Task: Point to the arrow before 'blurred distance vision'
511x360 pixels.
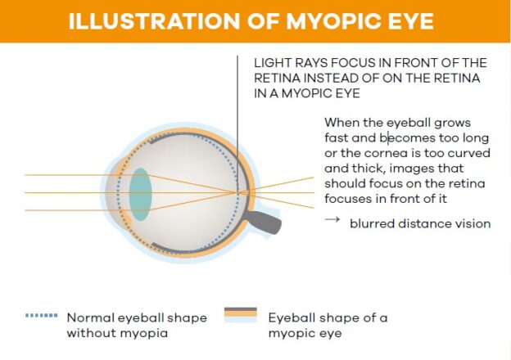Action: pos(332,221)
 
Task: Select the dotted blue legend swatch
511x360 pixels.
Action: pos(42,315)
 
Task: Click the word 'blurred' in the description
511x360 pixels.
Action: pos(372,223)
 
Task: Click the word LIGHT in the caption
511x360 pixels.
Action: pos(270,63)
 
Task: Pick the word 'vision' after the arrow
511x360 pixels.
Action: pos(472,223)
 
